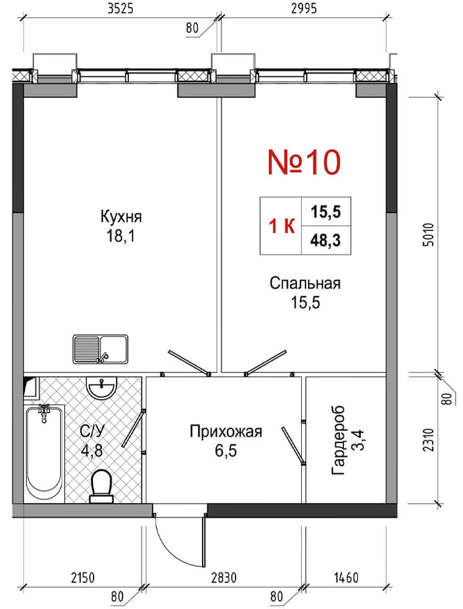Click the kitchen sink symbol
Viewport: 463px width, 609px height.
click(100, 349)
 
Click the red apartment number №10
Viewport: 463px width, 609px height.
click(304, 162)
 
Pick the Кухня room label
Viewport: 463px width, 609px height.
click(121, 216)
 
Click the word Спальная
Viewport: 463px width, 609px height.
click(305, 283)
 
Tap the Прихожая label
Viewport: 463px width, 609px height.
click(226, 432)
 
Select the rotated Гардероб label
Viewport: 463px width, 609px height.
click(338, 441)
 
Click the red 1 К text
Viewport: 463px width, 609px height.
click(282, 226)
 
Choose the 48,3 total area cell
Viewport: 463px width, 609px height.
click(325, 240)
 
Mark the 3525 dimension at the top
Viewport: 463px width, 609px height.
click(120, 8)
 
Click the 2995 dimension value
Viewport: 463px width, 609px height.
click(304, 8)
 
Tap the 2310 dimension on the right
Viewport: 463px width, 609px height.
click(428, 440)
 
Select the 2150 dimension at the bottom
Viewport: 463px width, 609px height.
click(82, 577)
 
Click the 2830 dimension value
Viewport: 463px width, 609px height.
click(224, 577)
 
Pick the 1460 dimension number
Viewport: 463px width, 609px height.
click(346, 577)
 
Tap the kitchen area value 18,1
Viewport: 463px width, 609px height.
click(121, 236)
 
